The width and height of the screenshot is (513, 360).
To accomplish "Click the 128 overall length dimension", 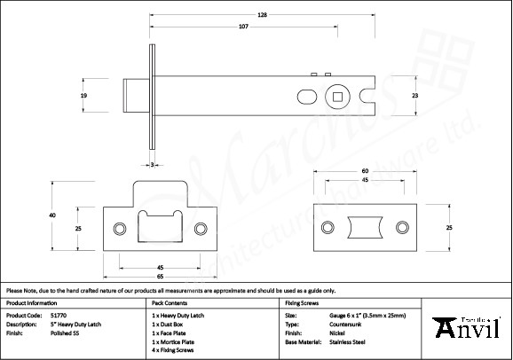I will [263, 15].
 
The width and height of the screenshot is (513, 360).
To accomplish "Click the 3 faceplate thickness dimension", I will [153, 165].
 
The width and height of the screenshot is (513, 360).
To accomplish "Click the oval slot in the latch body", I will [304, 95].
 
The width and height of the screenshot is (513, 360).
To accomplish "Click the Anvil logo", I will [464, 329].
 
